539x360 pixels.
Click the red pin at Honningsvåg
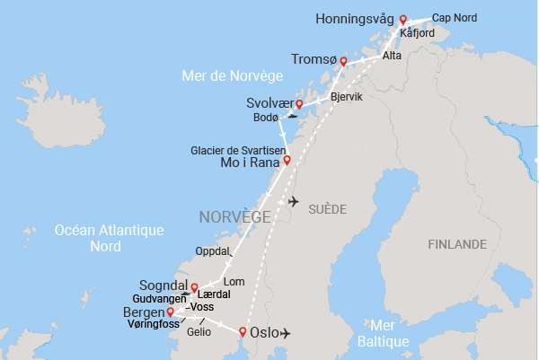(x=403, y=20)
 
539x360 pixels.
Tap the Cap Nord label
(x=455, y=18)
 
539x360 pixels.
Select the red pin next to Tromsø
(x=343, y=61)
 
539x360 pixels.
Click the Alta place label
(x=392, y=56)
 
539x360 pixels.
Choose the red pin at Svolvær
(x=299, y=104)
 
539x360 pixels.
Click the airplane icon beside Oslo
(x=287, y=334)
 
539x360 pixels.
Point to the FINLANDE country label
(x=457, y=244)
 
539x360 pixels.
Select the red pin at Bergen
(x=170, y=312)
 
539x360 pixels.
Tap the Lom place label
(x=234, y=282)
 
